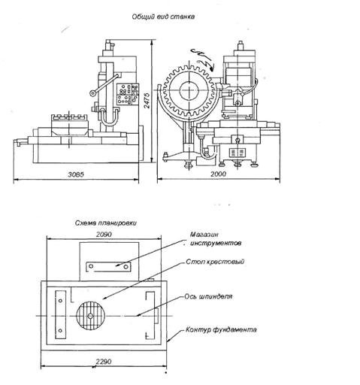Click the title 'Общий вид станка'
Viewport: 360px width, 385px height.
(163, 17)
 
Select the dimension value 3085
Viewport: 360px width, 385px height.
(76, 174)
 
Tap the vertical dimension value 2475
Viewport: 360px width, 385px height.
(147, 101)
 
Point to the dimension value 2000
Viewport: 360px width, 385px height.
(218, 174)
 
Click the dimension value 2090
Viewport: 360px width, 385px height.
(104, 235)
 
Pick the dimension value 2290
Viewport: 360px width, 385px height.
(104, 362)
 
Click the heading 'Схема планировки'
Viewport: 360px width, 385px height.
(106, 223)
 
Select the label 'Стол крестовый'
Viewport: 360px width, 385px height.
(215, 262)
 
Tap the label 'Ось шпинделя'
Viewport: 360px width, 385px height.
(208, 296)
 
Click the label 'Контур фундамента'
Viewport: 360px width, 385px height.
(221, 329)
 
